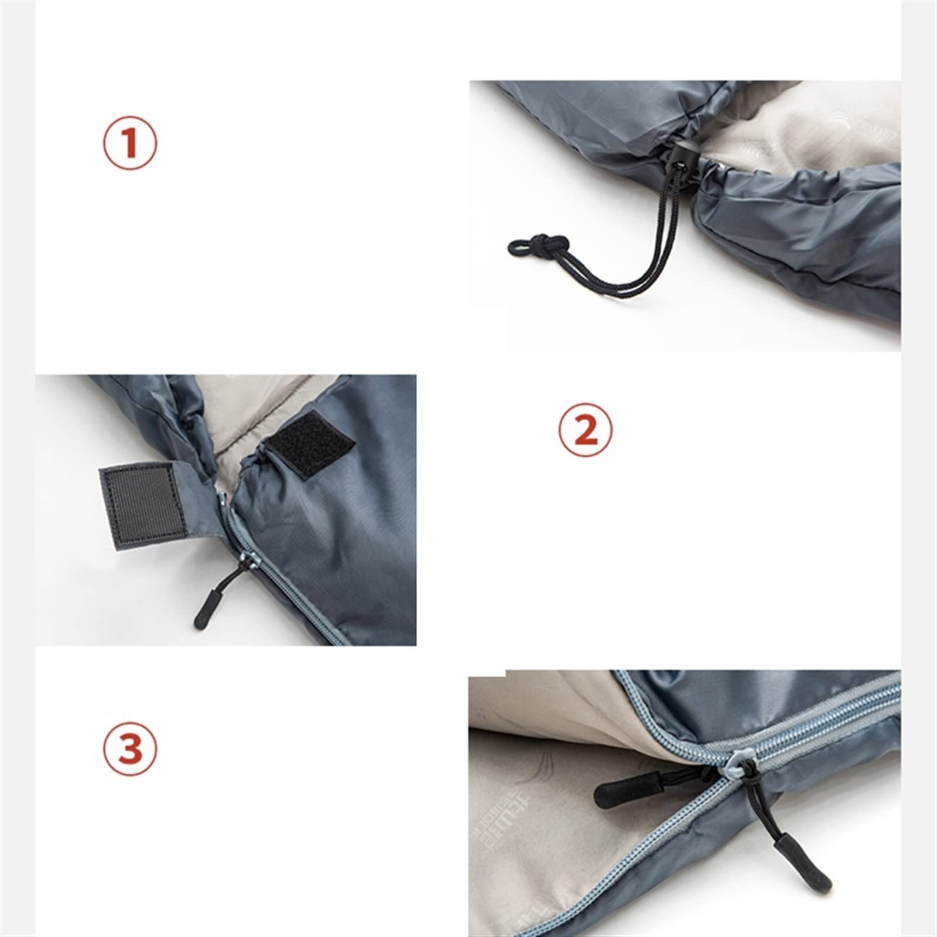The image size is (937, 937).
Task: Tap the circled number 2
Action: coord(586,431)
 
